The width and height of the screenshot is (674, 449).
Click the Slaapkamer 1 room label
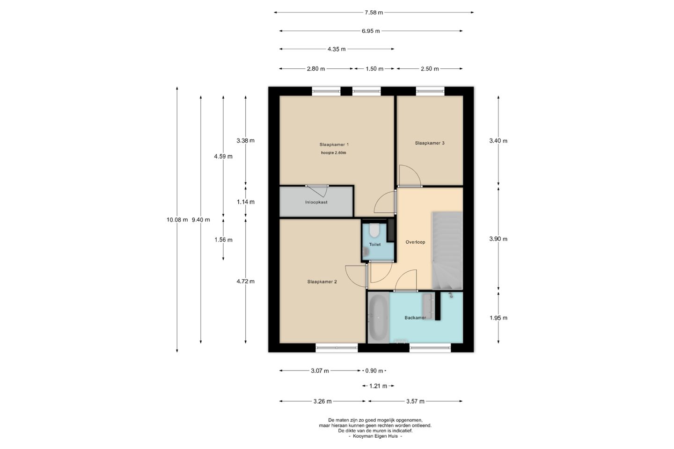click(x=334, y=145)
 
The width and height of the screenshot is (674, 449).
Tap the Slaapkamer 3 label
click(x=430, y=143)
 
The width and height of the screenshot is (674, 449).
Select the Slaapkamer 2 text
click(x=322, y=282)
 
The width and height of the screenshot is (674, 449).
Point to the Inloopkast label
click(x=316, y=202)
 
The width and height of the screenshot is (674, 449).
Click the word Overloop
click(x=415, y=242)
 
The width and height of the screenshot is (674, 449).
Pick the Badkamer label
click(x=415, y=318)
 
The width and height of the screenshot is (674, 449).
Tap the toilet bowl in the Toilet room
click(x=374, y=231)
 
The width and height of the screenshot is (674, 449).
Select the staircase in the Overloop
click(x=447, y=251)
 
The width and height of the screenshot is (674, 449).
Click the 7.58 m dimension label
click(x=374, y=13)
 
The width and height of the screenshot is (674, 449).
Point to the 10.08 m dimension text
click(x=177, y=220)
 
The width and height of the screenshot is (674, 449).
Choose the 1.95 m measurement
click(x=498, y=318)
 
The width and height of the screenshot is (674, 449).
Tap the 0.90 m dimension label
click(x=374, y=371)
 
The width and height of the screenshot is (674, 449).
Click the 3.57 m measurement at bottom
click(x=415, y=401)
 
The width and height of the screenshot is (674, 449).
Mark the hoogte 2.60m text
click(x=333, y=153)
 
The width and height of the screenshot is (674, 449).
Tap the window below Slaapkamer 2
click(x=337, y=348)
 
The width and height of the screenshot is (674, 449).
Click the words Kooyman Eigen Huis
click(x=375, y=436)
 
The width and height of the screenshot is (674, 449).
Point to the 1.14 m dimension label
click(x=246, y=202)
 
